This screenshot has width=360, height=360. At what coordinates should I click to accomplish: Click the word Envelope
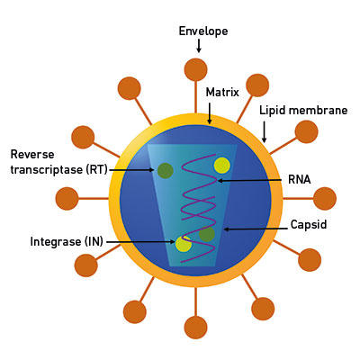(x=203, y=31)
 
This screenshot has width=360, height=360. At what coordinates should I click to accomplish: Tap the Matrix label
(x=222, y=92)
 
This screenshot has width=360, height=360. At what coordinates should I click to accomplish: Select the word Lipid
(x=273, y=111)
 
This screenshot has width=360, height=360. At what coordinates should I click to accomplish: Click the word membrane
(x=318, y=110)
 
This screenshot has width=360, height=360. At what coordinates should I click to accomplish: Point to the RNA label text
(x=299, y=179)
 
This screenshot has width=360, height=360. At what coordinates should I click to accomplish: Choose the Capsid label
(x=309, y=225)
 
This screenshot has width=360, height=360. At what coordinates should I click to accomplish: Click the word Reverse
(x=32, y=155)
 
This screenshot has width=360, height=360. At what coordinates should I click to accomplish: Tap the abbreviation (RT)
(x=96, y=170)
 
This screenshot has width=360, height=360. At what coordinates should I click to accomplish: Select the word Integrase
(x=56, y=241)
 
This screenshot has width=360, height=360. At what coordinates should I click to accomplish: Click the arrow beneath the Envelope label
(x=198, y=46)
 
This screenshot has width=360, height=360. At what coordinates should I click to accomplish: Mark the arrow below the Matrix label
(x=210, y=113)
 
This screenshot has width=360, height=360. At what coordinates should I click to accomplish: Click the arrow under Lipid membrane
(x=264, y=131)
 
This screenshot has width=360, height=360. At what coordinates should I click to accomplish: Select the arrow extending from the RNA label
(x=249, y=181)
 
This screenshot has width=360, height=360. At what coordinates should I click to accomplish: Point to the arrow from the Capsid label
(x=256, y=229)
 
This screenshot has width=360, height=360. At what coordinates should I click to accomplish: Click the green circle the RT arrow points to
(x=166, y=170)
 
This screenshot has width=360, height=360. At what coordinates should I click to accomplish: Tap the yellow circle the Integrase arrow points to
(x=184, y=244)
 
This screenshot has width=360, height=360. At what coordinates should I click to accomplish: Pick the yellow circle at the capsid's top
(x=222, y=166)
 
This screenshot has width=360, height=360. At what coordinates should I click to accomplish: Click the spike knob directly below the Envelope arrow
(x=195, y=69)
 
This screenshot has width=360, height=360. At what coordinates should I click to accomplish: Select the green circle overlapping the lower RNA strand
(x=207, y=234)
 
